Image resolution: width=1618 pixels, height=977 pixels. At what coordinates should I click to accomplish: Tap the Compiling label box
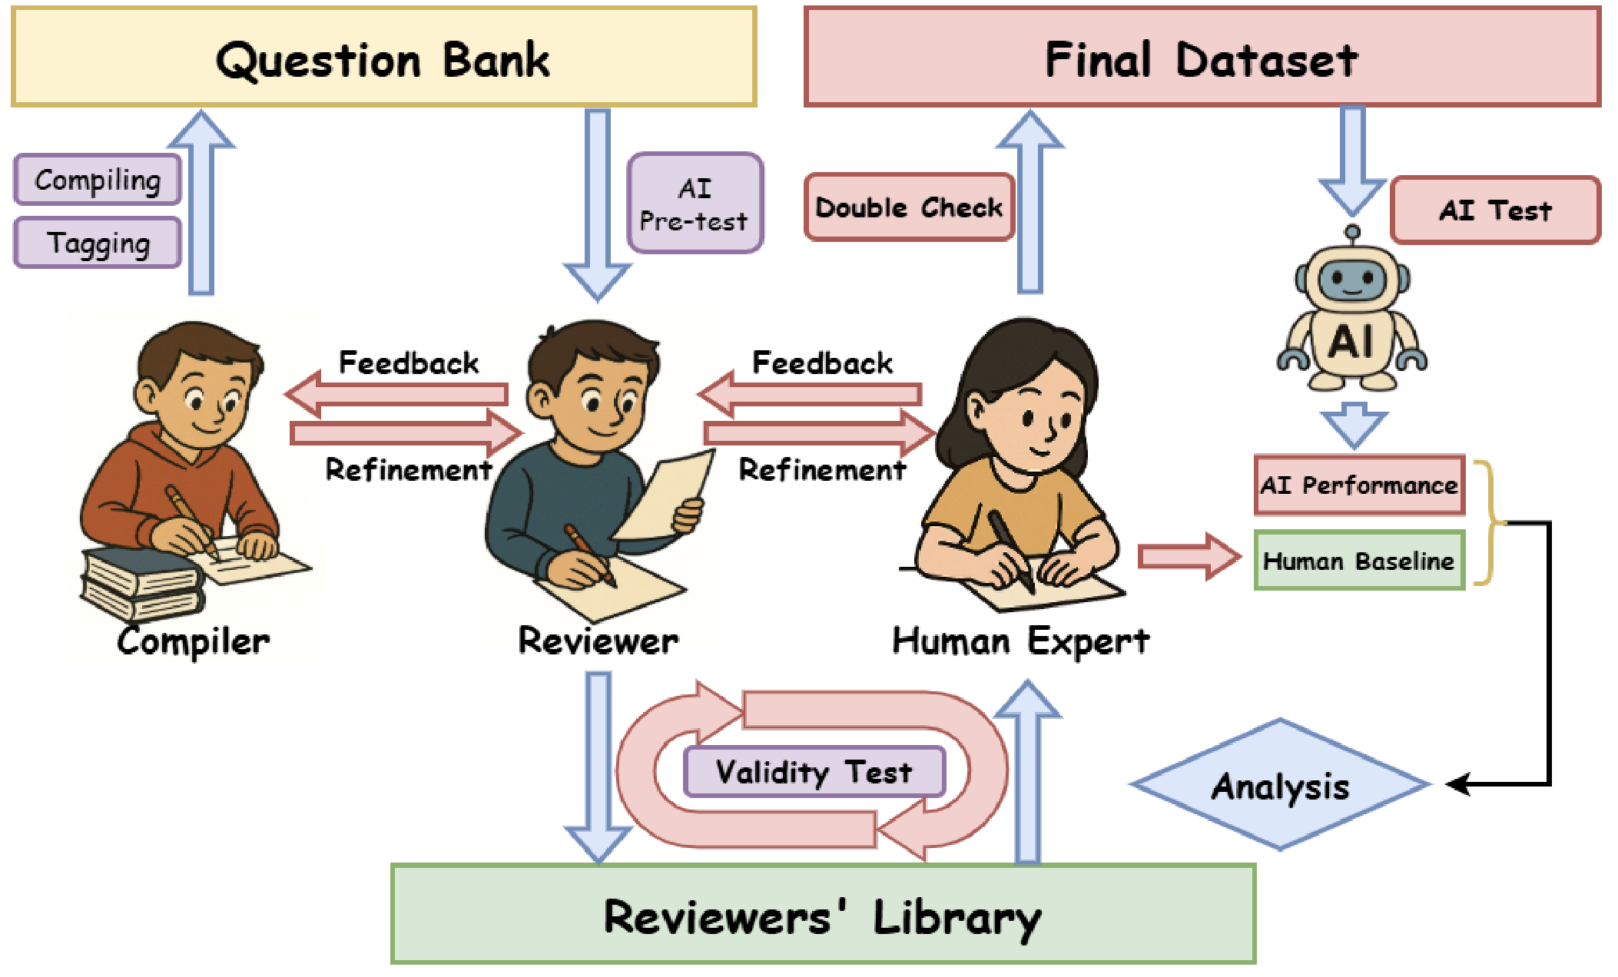(98, 180)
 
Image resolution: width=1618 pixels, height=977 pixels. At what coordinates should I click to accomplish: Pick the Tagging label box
(98, 243)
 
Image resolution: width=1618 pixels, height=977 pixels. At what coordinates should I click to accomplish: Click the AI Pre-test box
(695, 204)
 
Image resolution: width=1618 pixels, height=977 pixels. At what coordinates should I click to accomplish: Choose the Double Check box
(909, 207)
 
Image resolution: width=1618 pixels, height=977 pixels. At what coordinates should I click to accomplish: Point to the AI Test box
(1495, 210)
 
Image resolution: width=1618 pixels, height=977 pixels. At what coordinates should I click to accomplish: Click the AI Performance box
(1359, 485)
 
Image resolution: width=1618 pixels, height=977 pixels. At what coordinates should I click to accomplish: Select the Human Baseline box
(1359, 561)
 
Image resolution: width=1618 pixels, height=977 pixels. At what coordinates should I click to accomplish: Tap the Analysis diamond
(1281, 785)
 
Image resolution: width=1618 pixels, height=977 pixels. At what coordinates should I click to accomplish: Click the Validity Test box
(814, 771)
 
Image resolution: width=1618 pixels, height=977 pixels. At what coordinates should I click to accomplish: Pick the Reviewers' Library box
(822, 914)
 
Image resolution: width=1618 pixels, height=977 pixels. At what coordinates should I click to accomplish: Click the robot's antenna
(1353, 233)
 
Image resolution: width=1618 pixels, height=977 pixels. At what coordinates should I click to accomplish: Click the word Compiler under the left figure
(194, 641)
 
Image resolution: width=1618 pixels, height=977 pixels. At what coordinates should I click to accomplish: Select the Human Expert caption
(1020, 641)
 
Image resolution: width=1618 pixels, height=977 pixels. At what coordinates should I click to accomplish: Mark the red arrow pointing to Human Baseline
(1188, 555)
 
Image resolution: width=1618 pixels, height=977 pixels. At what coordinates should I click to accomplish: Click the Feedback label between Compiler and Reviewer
(409, 363)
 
